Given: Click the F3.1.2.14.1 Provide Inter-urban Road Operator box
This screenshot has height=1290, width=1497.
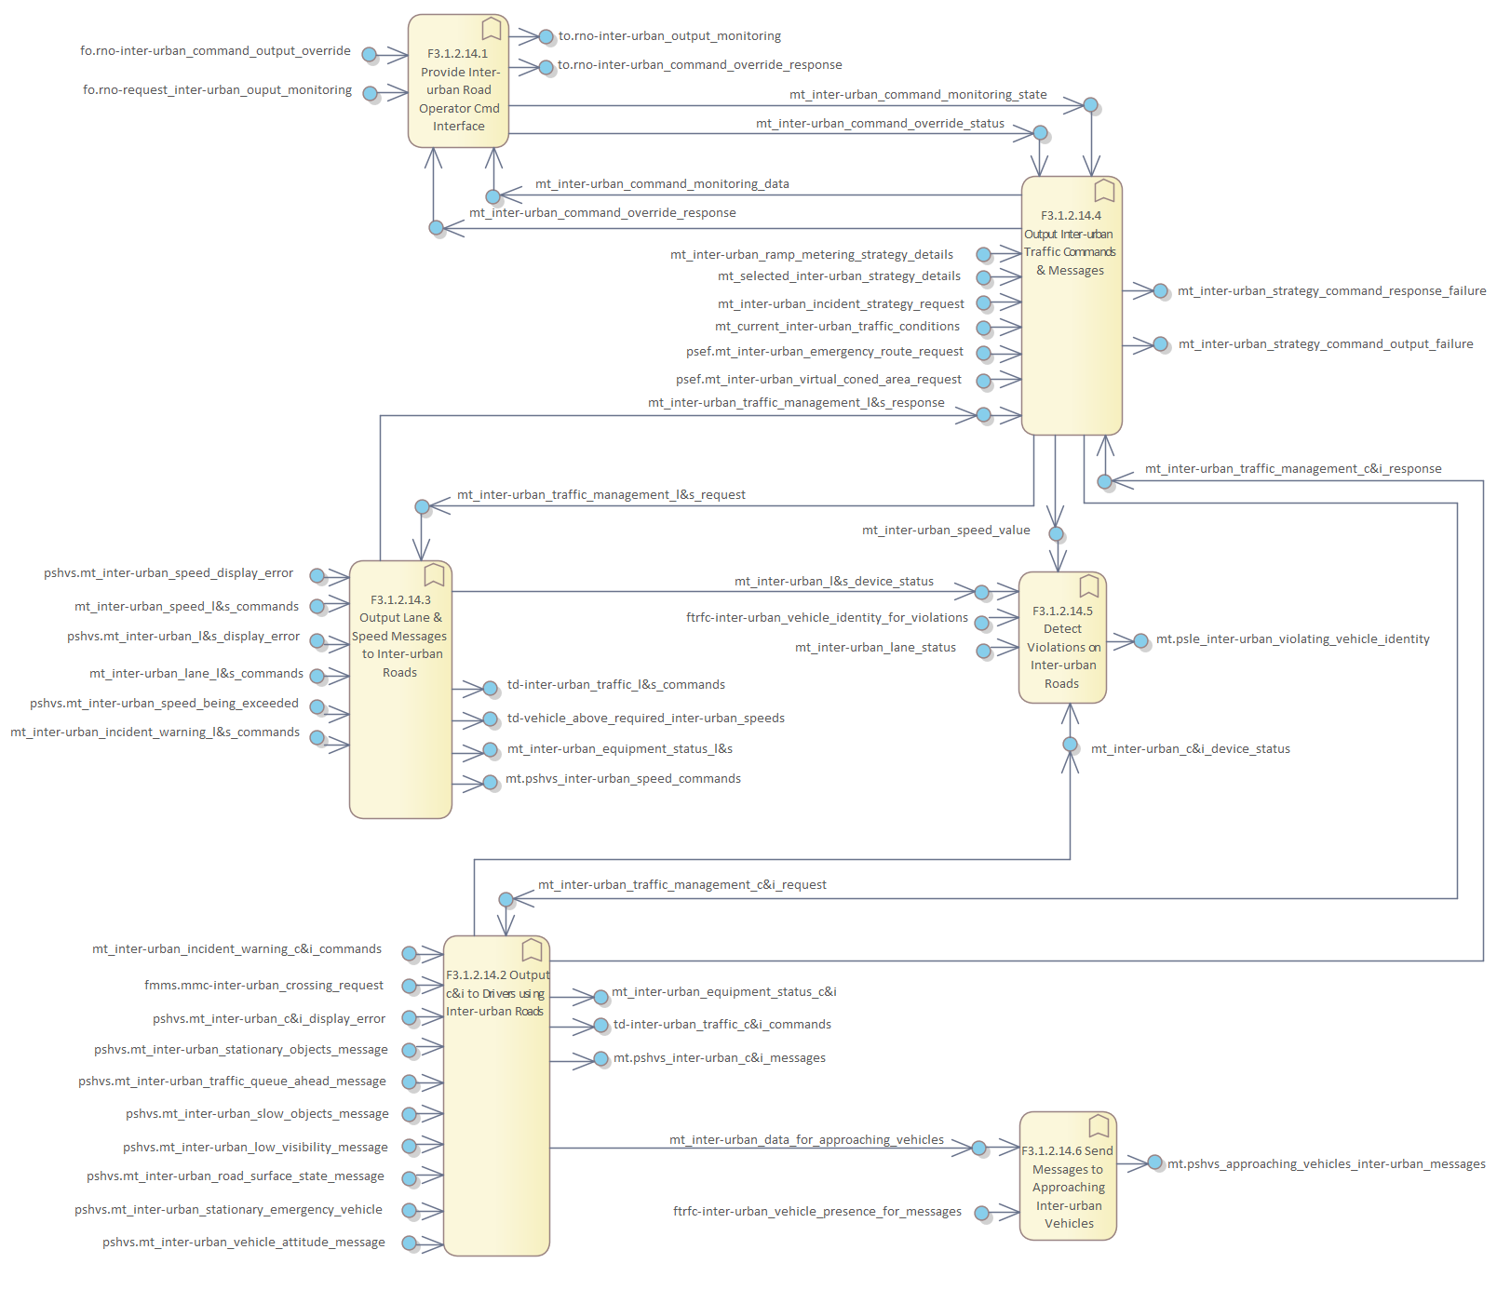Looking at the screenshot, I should click(458, 89).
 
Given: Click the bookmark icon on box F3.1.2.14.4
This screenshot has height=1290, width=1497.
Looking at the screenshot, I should click(1104, 191).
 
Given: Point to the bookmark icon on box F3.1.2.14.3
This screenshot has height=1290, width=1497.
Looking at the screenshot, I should click(434, 574).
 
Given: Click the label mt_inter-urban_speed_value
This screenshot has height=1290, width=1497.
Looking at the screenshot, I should click(946, 531).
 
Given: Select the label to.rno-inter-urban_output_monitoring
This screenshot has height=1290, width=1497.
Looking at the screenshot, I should click(669, 36).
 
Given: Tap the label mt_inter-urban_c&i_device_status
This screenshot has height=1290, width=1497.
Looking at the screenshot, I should click(1190, 749).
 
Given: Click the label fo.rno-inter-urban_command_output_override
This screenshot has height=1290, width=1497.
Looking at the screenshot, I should click(215, 51).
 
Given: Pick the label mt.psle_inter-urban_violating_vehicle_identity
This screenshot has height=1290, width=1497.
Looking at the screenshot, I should click(1292, 639).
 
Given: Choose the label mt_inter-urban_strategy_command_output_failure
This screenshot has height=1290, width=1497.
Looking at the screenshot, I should click(1326, 344).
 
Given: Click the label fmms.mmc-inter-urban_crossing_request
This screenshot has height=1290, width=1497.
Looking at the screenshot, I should click(263, 986).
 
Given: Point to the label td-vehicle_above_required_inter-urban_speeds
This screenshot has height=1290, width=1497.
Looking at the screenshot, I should click(645, 719).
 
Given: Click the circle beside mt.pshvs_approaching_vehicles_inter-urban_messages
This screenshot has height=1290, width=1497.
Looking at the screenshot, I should click(1154, 1162).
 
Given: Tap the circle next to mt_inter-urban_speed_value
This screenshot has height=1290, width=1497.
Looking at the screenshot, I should click(1056, 534).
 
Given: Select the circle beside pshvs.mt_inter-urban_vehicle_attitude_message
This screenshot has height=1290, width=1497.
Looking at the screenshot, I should click(409, 1243).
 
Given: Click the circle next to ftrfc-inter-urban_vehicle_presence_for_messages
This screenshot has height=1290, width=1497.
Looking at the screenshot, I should click(981, 1213).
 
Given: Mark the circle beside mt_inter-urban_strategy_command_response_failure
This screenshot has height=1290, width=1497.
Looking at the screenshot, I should click(1160, 291).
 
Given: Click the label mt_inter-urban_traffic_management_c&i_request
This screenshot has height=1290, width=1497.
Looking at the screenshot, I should click(681, 885).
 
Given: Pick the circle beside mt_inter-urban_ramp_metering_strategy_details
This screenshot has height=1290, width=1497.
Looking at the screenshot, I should click(983, 255).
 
